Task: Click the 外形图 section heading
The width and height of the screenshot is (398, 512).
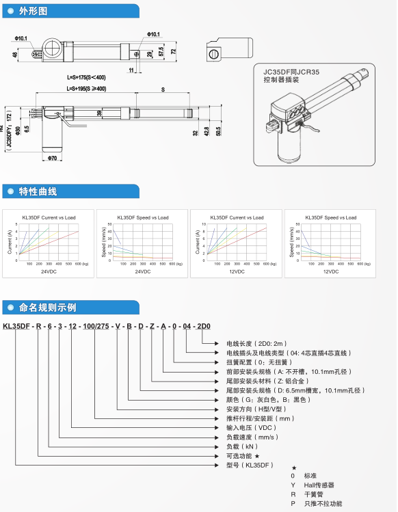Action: (x=33, y=11)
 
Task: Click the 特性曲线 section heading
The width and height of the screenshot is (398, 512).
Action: (x=38, y=191)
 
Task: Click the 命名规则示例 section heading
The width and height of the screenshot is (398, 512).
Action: (x=47, y=307)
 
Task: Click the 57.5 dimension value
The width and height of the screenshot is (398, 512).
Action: (x=161, y=53)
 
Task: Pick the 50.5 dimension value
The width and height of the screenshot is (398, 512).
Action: (x=218, y=131)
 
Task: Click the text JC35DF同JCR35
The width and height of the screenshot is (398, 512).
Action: (x=287, y=70)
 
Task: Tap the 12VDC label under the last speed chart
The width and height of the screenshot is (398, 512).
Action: (x=330, y=272)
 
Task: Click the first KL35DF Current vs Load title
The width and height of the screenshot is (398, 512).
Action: (x=48, y=217)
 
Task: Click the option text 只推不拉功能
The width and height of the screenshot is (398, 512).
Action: (x=323, y=504)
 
